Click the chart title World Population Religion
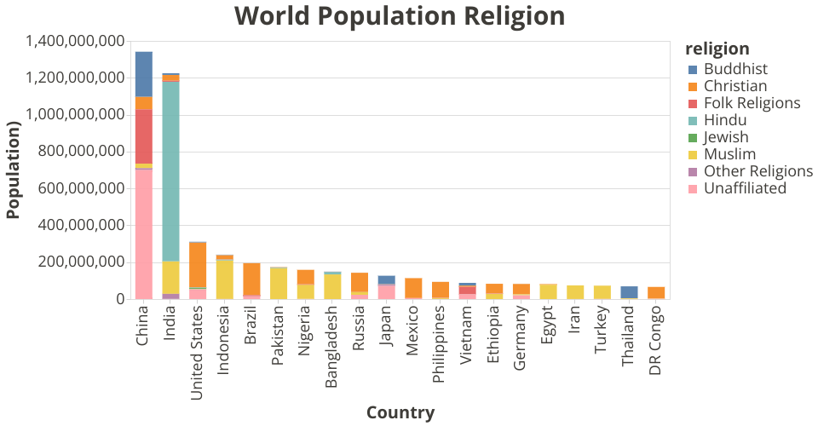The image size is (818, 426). [x=399, y=16]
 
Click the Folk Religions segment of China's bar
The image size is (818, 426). [x=144, y=136]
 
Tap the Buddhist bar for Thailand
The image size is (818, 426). [x=629, y=291]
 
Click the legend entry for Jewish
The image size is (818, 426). [x=726, y=137]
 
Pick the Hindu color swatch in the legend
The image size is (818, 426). [x=693, y=120]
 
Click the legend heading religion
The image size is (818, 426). [x=717, y=49]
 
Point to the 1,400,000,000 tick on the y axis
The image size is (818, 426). [x=75, y=41]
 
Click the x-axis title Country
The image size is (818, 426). [x=400, y=412]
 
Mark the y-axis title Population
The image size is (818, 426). [x=13, y=170]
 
